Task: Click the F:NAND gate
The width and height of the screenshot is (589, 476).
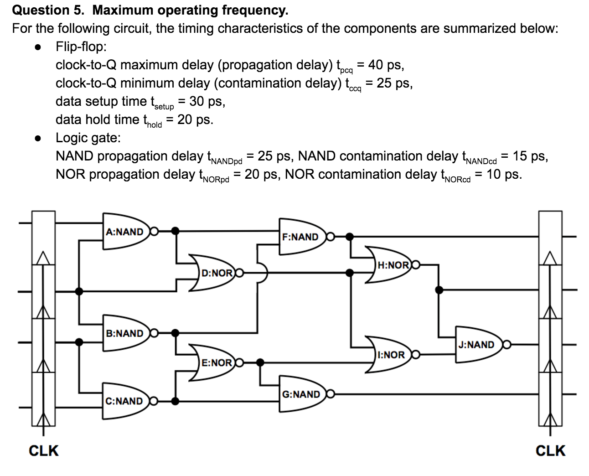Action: [x=301, y=237]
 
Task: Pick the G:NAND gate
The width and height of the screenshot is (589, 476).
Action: [x=301, y=394]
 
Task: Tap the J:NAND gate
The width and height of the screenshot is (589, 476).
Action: [x=477, y=345]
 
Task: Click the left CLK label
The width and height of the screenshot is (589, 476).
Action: [x=44, y=450]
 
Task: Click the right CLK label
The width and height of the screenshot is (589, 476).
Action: [x=550, y=450]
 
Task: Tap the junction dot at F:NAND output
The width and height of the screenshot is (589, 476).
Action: [x=350, y=236]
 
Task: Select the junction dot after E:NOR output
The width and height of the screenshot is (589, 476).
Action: [x=260, y=362]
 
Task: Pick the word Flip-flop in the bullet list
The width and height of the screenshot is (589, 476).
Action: [x=81, y=47]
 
